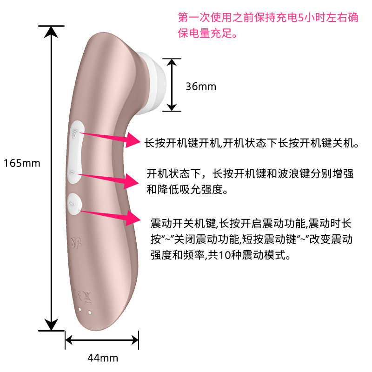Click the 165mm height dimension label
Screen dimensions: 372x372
tap(22, 163)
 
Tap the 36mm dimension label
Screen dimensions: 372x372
tap(201, 86)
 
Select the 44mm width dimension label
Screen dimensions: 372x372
tap(103, 358)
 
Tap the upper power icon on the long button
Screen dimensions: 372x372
tap(76, 133)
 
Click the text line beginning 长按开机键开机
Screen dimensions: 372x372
tap(252, 143)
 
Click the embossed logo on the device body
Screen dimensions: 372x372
tap(77, 240)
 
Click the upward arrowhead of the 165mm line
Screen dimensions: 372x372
tap(51, 32)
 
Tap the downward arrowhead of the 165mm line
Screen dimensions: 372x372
tap(51, 324)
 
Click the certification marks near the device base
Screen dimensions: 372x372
tap(80, 294)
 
